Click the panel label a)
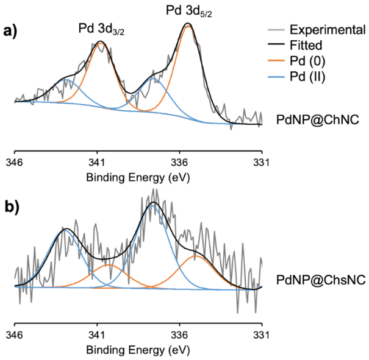pos(11,30)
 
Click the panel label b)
pos(11,206)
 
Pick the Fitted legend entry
pos(306,45)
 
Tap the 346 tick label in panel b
pos(15,335)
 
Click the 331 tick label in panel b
pos(262,335)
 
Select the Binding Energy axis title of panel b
pos(138,351)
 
